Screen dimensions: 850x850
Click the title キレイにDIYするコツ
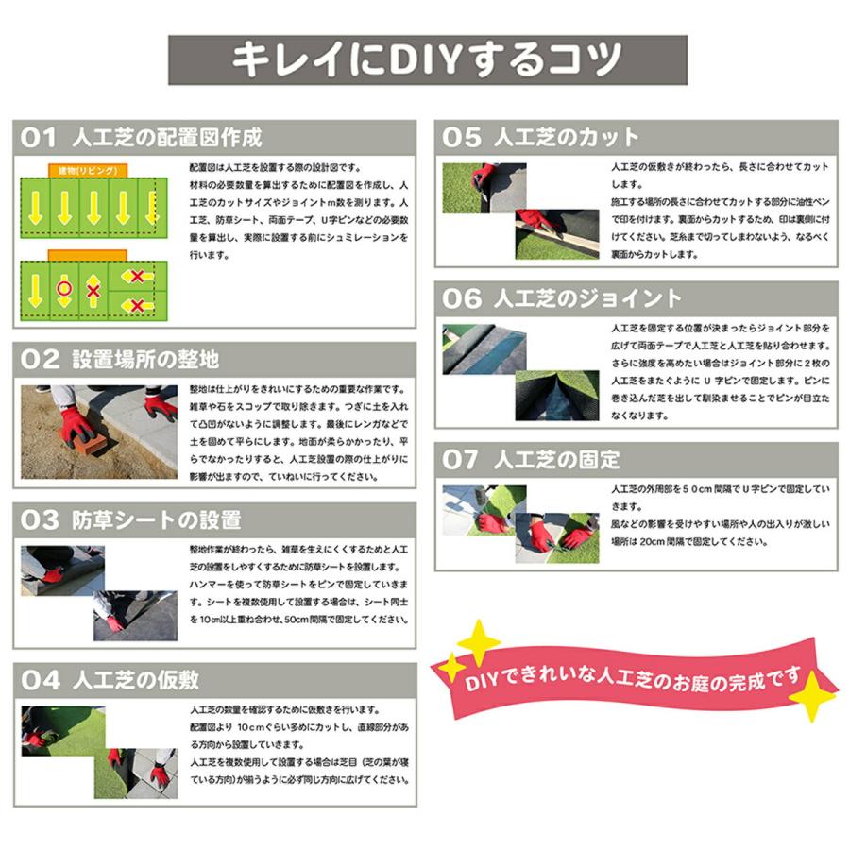click(427, 59)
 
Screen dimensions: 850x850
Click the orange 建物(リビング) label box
click(88, 169)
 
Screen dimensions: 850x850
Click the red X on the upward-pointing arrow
click(93, 290)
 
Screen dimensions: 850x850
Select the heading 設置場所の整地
click(146, 359)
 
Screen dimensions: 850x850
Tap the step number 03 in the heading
click(40, 519)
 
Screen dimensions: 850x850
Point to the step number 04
click(40, 680)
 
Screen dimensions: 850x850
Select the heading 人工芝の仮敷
click(137, 680)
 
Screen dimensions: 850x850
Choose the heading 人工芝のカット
click(567, 138)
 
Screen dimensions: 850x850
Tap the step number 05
click(462, 138)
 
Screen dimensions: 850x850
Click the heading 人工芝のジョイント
click(587, 298)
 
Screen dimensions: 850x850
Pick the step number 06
click(462, 298)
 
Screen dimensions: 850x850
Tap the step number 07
click(462, 460)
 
